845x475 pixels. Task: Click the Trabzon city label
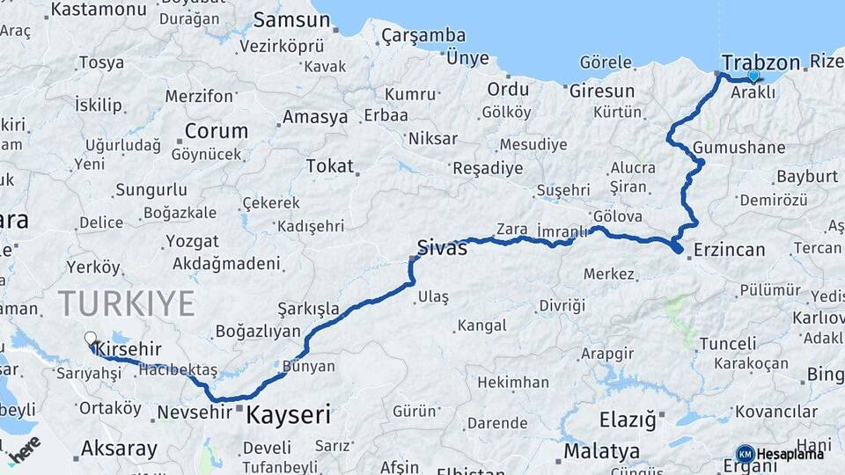point(760,62)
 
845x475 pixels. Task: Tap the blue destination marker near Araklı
point(753,76)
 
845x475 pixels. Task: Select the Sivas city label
point(442,248)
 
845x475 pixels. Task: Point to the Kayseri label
point(288,414)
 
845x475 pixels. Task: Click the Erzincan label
point(729,250)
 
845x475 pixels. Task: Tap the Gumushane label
point(738,147)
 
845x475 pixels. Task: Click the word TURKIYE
point(127,303)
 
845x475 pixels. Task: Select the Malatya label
point(602,451)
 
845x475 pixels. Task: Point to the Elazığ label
point(628,420)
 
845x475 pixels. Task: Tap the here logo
point(24,449)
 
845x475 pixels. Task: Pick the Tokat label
point(329,166)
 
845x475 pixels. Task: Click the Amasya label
point(314,117)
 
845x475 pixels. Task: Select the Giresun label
point(602,91)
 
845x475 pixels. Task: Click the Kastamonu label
point(98,10)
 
